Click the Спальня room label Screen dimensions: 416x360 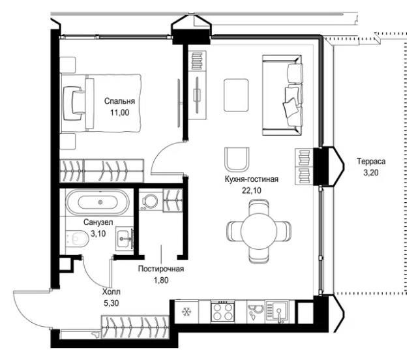(x=119, y=101)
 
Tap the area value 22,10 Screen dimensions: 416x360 (x=251, y=190)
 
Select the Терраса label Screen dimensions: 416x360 (x=371, y=161)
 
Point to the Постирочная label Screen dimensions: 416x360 (x=161, y=269)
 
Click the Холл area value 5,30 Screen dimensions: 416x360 (x=111, y=303)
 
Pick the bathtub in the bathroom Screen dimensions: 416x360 (x=97, y=202)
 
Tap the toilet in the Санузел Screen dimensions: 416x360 (x=77, y=238)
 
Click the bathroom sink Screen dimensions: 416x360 (x=124, y=239)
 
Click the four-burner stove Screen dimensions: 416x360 (x=222, y=312)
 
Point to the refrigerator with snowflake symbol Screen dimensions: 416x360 (x=186, y=312)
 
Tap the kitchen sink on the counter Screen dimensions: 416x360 (x=277, y=312)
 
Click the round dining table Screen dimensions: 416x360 (x=259, y=230)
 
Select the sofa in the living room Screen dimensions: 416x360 (x=282, y=95)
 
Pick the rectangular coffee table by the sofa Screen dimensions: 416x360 (x=236, y=95)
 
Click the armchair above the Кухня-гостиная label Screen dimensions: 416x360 (x=237, y=159)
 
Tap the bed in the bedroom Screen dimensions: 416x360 (x=101, y=103)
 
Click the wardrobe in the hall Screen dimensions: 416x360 (x=135, y=327)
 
